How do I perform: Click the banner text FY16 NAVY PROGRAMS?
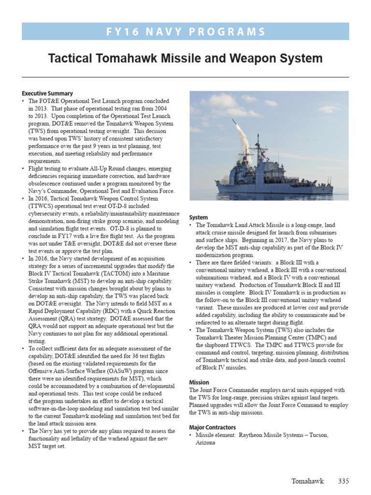[185, 32]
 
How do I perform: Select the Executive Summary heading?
[47, 93]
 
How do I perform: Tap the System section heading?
[199, 218]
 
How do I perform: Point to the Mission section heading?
[199, 382]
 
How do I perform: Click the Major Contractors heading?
[213, 428]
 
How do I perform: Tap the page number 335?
[343, 481]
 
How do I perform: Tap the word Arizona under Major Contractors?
[206, 442]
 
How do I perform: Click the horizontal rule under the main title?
[185, 77]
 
